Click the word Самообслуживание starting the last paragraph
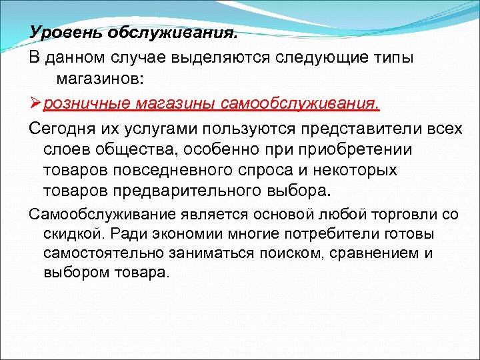pyautogui.click(x=102, y=214)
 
